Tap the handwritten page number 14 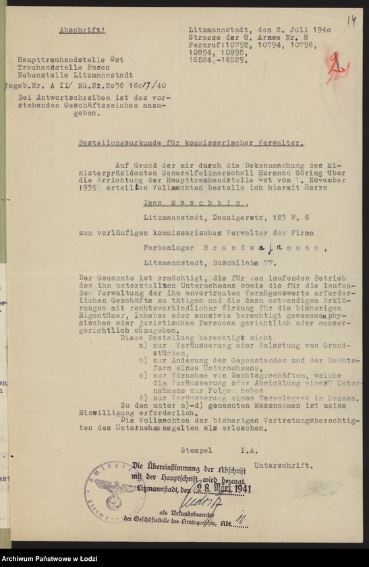[x=351, y=20]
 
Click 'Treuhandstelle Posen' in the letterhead [x=55, y=68]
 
